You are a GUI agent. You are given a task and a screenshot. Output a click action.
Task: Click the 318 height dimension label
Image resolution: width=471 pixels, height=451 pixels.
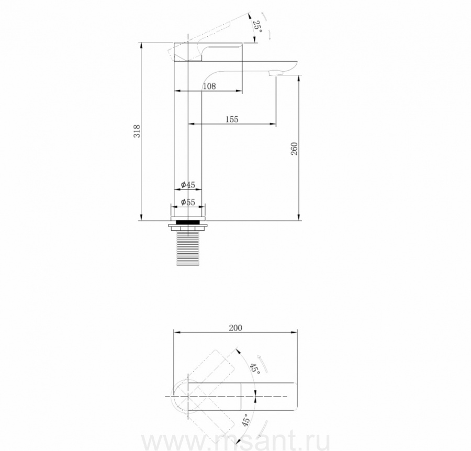tap(137, 131)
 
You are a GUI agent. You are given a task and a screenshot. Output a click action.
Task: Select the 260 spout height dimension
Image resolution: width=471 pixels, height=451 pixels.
tap(294, 149)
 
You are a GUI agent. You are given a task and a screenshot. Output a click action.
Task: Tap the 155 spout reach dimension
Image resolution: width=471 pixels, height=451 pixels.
tap(232, 119)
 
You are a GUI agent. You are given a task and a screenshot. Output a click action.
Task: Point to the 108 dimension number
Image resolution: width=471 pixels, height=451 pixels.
tap(209, 86)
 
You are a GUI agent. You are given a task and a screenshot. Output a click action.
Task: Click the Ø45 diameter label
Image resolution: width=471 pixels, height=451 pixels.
tap(188, 185)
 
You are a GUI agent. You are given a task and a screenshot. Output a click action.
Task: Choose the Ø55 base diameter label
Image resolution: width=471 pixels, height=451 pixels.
tap(188, 202)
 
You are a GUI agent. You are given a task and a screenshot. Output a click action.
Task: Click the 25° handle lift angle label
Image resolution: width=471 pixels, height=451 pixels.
tap(257, 27)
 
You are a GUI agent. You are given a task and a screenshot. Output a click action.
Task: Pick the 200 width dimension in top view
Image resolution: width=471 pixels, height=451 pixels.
tap(235, 328)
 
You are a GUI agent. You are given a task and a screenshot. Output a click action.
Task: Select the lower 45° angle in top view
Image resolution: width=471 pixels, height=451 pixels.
tap(246, 420)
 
